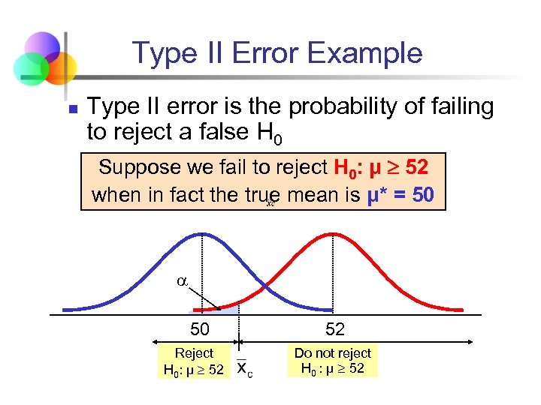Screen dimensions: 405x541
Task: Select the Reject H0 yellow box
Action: (x=194, y=361)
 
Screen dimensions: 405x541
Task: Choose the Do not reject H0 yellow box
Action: (x=333, y=361)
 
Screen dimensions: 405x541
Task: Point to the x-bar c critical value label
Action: (x=244, y=368)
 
